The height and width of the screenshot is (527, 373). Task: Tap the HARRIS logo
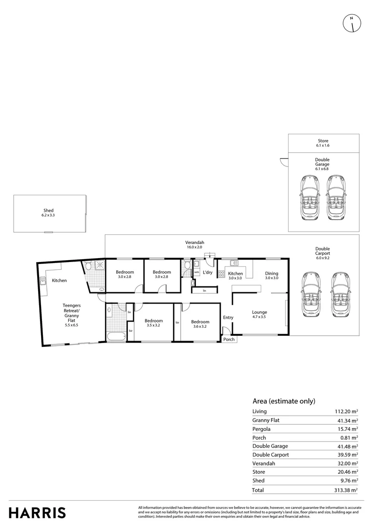(x=38, y=512)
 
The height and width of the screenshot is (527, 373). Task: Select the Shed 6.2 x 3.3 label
(x=48, y=213)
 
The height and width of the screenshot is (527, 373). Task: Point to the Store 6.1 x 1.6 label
(x=323, y=143)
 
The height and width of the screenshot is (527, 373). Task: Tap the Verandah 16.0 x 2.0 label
(x=194, y=245)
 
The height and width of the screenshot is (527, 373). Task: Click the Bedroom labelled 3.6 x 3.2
(x=200, y=324)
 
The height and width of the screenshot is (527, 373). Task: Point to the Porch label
(x=228, y=340)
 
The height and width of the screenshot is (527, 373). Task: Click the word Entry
(x=228, y=318)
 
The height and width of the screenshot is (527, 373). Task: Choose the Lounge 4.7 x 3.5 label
(x=259, y=315)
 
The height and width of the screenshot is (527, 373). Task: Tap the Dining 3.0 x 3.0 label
(x=271, y=275)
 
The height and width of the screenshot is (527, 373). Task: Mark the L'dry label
(x=207, y=273)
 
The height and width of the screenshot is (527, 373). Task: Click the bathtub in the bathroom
(x=115, y=336)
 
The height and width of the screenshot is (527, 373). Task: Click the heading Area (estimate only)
(x=284, y=401)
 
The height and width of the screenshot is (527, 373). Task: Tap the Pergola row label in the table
(x=261, y=429)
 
